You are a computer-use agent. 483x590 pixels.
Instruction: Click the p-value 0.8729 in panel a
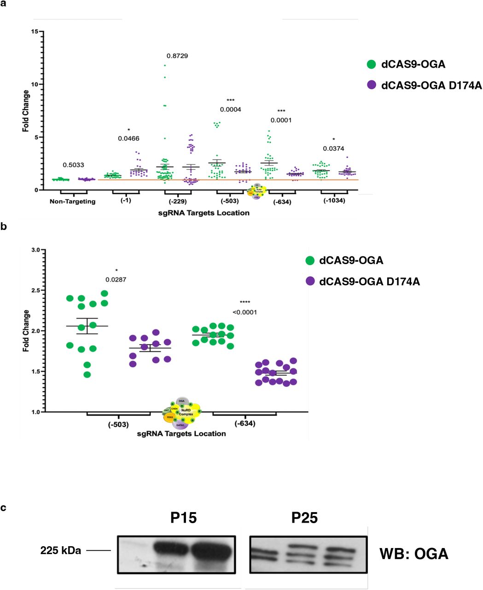(177, 56)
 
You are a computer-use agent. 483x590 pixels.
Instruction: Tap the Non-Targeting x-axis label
(73, 201)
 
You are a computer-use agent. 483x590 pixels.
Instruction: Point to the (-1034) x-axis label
(334, 201)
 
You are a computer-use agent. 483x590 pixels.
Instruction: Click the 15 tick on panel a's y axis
(35, 31)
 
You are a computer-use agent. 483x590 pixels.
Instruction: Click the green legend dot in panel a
(372, 65)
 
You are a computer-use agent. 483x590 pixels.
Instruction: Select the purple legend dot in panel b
(310, 281)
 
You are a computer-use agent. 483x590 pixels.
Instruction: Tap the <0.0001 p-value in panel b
(244, 312)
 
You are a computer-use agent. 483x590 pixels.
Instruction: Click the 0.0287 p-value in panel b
(116, 279)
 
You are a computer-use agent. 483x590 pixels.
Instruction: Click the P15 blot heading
(183, 518)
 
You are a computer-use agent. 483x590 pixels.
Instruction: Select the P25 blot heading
(304, 518)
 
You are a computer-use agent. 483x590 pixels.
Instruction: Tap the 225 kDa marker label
(61, 550)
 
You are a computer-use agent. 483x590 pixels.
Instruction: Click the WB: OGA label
(413, 554)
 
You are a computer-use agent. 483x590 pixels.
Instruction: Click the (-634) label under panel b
(244, 424)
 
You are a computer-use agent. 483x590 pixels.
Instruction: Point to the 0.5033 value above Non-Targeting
(73, 165)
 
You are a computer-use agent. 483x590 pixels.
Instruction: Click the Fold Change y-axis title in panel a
(26, 111)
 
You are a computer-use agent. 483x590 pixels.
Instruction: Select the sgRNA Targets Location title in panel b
(181, 433)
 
